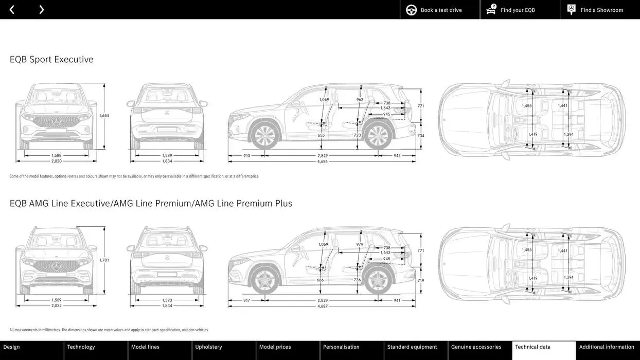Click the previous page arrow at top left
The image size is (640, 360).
[12, 10]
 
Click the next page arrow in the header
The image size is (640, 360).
[41, 10]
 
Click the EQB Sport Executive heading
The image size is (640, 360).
[51, 60]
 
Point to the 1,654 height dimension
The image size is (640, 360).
[104, 116]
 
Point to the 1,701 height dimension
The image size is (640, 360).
[104, 260]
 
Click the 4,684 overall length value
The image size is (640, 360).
[323, 161]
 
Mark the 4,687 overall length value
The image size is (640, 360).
[323, 306]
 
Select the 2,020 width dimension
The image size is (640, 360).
[57, 161]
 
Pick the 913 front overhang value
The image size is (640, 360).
[247, 155]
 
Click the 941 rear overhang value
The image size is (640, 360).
[397, 300]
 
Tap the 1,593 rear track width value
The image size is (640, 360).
[167, 300]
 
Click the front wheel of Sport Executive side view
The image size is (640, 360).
[264, 136]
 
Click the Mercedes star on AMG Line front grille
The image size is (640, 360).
[57, 266]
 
